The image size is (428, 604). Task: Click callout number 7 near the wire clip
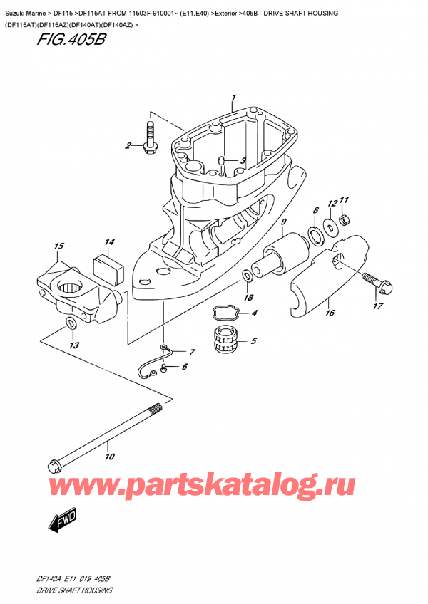tap(191, 353)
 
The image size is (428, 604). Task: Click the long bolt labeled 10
tap(107, 437)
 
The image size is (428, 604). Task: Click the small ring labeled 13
tap(70, 324)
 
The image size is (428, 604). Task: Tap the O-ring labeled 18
tap(246, 274)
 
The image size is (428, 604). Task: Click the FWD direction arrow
tap(64, 520)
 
